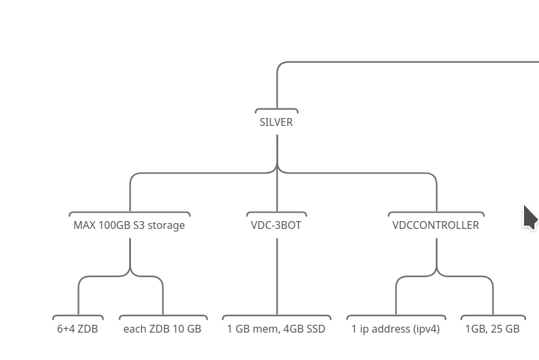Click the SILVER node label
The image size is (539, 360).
[276, 122]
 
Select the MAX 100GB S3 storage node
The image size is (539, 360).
[129, 226]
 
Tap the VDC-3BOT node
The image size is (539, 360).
[276, 226]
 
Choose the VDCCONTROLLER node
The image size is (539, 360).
[435, 226]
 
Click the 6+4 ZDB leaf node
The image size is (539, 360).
[78, 329]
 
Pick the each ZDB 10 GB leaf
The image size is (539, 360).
[162, 329]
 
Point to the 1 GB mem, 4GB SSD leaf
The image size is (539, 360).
[276, 329]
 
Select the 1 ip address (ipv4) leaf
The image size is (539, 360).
[396, 329]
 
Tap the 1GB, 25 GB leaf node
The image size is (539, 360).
[492, 329]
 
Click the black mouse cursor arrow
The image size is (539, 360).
[530, 217]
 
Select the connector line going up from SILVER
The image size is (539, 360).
[277, 85]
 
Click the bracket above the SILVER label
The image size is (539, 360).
[276, 110]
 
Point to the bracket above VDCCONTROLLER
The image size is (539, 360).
[436, 213]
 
